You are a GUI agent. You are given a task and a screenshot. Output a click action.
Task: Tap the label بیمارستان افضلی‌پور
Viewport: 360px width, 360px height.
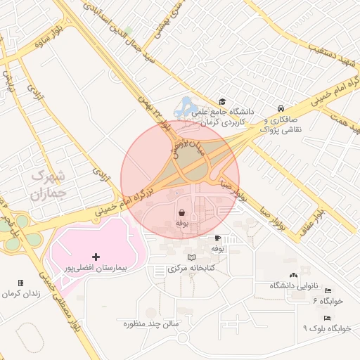94,269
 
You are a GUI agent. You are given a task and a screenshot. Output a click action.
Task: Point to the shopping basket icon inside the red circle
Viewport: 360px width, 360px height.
181,212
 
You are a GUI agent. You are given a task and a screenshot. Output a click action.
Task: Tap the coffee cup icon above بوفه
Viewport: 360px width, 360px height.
217,238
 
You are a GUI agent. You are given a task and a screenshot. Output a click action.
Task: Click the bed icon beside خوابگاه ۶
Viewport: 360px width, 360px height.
328,291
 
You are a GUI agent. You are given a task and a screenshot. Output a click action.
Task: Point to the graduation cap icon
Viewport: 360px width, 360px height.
222,101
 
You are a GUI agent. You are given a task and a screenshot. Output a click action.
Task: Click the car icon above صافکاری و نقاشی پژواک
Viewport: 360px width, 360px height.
281,108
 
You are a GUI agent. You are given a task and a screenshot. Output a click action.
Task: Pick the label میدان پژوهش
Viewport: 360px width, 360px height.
184,141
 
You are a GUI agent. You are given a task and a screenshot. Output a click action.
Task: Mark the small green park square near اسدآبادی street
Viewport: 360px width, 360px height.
127,30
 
